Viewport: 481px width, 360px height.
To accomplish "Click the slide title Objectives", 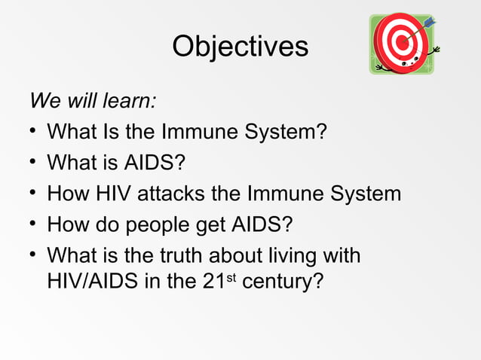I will coord(240,47).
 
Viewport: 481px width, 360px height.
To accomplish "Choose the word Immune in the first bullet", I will coord(201,132).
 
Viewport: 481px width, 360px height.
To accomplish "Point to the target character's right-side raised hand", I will coord(437,50).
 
